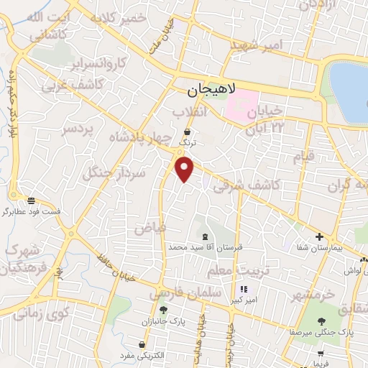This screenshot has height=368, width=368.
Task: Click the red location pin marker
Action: (x=185, y=170)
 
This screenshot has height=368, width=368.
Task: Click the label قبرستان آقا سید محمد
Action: (x=206, y=247)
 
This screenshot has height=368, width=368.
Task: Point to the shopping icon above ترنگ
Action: (x=188, y=132)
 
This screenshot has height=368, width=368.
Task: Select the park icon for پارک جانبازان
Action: (x=164, y=310)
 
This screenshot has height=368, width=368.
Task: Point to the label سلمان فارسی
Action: (x=183, y=295)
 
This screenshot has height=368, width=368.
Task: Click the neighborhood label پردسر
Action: (x=78, y=129)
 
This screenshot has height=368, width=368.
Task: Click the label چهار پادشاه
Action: (x=141, y=137)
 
